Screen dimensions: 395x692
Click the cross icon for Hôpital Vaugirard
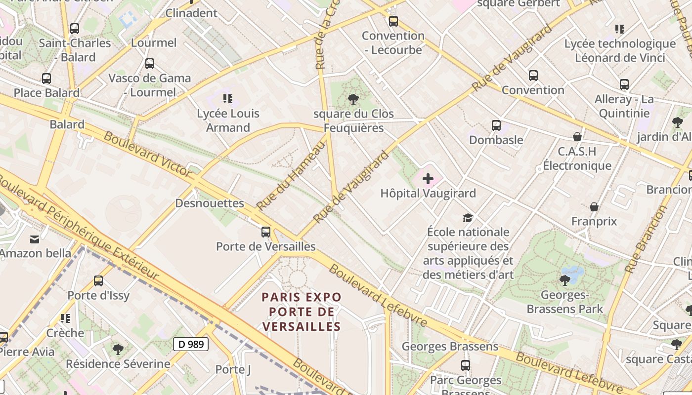428,179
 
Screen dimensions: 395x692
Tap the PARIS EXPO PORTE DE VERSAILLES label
302,312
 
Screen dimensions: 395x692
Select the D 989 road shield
190,344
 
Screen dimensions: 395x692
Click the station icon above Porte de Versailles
266,232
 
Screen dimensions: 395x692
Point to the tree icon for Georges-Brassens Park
564,280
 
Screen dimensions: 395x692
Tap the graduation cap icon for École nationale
468,218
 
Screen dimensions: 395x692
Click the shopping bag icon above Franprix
594,207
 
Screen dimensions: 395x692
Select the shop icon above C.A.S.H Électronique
577,137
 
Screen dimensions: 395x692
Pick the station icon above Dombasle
496,125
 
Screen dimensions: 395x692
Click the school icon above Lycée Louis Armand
227,99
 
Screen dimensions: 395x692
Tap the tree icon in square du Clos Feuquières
353,99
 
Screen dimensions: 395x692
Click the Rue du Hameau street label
292,176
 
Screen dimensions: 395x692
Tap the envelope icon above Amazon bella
35,239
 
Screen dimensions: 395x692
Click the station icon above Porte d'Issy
98,281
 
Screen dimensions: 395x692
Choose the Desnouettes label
210,203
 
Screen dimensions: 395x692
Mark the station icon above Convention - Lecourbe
393,21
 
